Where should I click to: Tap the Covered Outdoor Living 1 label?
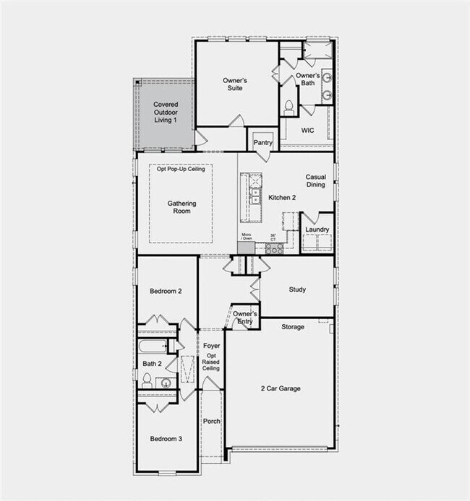click(x=165, y=112)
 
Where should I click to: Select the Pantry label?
click(x=263, y=142)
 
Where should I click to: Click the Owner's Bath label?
click(x=307, y=80)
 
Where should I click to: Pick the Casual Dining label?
click(x=315, y=180)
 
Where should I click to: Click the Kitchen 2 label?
click(x=283, y=197)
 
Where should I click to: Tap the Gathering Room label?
click(x=182, y=208)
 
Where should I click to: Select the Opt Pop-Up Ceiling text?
click(x=181, y=169)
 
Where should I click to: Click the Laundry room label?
click(x=317, y=230)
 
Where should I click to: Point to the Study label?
click(x=297, y=289)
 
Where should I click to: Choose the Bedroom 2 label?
click(x=166, y=291)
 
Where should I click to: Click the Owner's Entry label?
click(x=245, y=318)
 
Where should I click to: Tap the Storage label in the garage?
click(x=293, y=327)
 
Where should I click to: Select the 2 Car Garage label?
click(x=281, y=388)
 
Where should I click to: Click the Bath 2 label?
click(x=151, y=364)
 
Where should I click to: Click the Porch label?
click(x=211, y=421)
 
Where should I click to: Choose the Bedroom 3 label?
click(x=166, y=439)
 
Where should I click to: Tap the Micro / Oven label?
click(x=246, y=236)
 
